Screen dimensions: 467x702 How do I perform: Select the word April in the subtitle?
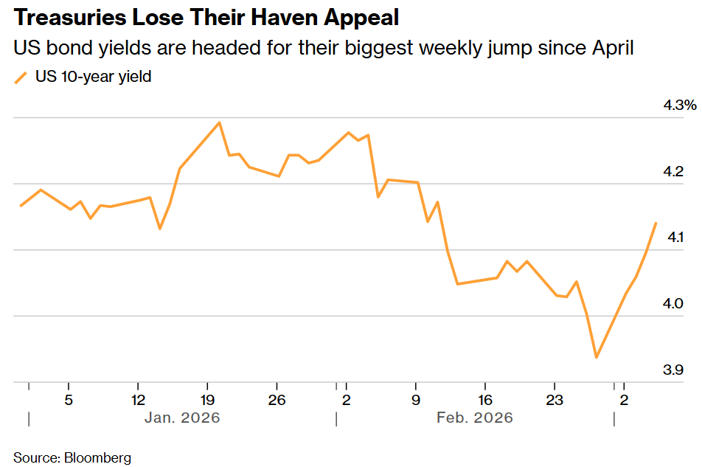(x=611, y=49)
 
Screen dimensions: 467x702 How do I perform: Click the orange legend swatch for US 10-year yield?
(x=21, y=77)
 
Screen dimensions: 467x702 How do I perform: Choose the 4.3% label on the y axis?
(x=679, y=105)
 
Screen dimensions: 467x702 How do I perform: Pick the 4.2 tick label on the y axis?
(x=673, y=172)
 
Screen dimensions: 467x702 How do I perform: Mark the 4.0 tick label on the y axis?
(x=673, y=304)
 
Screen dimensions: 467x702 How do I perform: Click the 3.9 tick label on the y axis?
(x=673, y=370)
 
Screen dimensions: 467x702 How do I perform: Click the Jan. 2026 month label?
(x=182, y=418)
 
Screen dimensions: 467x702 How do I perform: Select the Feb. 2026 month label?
(x=474, y=418)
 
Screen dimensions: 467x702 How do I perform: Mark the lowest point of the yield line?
(x=596, y=358)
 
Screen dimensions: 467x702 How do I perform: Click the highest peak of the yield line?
(x=220, y=122)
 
